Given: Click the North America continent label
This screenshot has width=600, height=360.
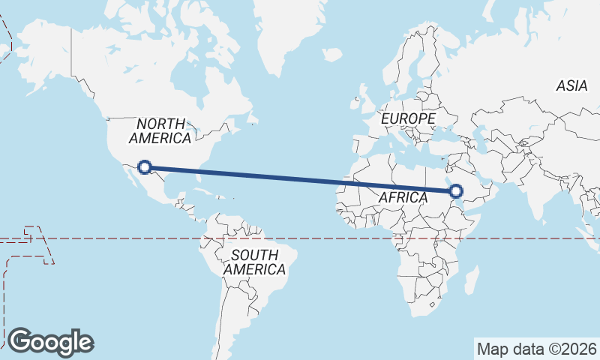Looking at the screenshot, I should [160, 130].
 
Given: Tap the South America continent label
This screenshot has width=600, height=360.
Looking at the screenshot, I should [254, 262].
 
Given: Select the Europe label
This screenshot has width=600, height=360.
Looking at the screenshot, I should [407, 118].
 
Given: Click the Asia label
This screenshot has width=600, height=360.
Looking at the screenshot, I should [571, 86].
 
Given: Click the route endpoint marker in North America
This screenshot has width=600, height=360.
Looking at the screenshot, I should [145, 167].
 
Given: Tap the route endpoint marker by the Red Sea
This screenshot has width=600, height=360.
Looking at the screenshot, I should [457, 191].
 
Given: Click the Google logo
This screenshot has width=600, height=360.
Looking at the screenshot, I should [50, 341].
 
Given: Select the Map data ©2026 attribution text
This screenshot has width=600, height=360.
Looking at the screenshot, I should [536, 349].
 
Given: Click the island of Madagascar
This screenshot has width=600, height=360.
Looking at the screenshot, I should [471, 283].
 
